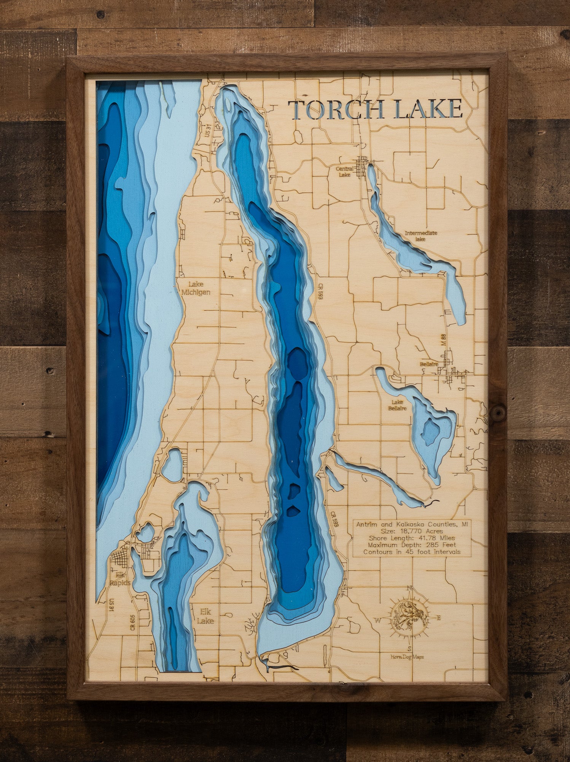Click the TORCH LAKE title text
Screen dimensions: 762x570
(375, 109)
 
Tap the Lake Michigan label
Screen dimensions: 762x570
(196, 288)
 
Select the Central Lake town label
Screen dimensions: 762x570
(344, 171)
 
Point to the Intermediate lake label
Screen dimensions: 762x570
(421, 236)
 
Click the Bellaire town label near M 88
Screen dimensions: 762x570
(429, 364)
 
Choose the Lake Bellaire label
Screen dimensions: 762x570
(397, 405)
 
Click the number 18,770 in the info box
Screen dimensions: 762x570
(408, 531)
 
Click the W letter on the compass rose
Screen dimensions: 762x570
(378, 620)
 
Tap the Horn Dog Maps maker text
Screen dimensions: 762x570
(407, 656)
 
